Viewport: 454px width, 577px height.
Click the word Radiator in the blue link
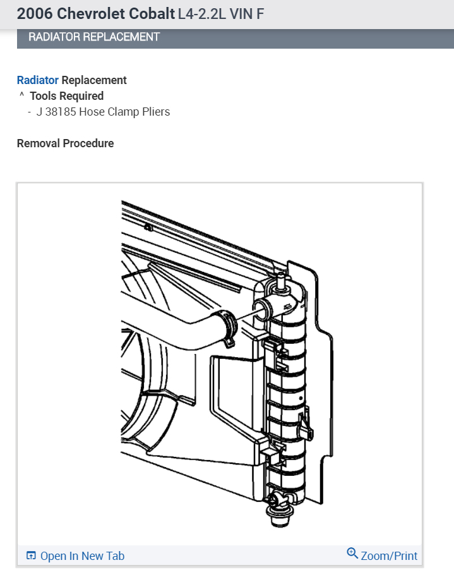(x=38, y=80)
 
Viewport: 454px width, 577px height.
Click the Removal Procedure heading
(x=65, y=143)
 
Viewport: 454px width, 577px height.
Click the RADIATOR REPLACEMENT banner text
(x=94, y=37)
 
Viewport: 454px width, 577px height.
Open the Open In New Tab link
(x=82, y=556)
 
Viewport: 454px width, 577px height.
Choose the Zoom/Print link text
(x=389, y=556)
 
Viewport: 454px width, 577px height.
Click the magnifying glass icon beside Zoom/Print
(x=352, y=554)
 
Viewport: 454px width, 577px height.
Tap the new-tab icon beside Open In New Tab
(x=31, y=556)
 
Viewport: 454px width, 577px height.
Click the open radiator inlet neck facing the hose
(x=260, y=309)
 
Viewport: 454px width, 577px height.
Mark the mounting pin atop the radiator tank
(x=278, y=277)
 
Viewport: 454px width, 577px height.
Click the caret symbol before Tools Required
(x=21, y=96)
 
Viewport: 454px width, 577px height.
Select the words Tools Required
(x=66, y=96)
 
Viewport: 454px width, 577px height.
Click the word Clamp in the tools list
(x=117, y=112)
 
